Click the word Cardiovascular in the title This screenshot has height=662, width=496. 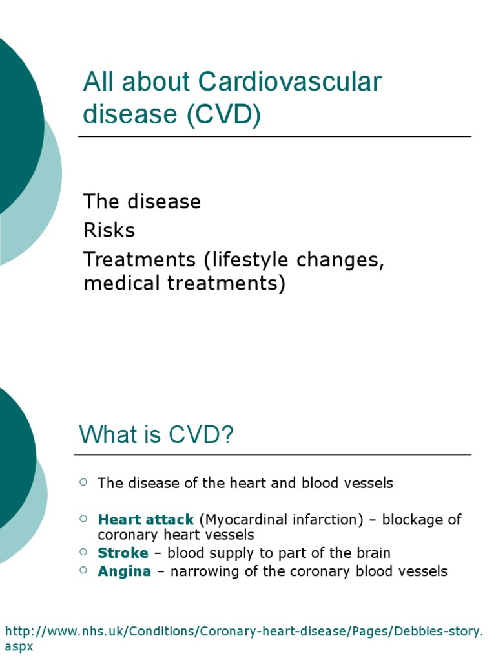click(x=290, y=83)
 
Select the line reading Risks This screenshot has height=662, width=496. click(x=109, y=231)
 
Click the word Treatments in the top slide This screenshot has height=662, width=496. click(x=138, y=260)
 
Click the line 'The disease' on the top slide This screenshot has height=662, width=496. click(x=142, y=202)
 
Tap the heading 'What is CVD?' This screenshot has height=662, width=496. click(x=156, y=435)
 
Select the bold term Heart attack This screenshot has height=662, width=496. click(x=145, y=520)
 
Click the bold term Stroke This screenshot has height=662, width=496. click(x=123, y=553)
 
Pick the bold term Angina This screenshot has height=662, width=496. click(x=124, y=571)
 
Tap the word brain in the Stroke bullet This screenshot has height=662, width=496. click(x=373, y=553)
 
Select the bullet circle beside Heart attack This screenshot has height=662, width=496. click(x=83, y=518)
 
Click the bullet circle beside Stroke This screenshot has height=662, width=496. click(x=83, y=551)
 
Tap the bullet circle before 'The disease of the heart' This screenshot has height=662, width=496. click(x=83, y=481)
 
